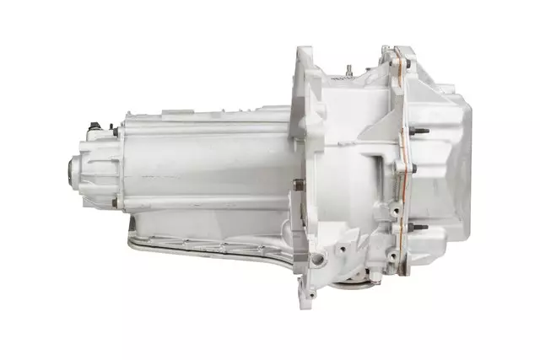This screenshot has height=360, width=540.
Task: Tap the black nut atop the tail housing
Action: click(95, 126)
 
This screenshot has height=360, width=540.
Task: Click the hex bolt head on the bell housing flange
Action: click(297, 184)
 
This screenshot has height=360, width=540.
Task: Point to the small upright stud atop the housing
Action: click(346, 65)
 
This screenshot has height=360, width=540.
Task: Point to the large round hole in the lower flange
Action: click(318, 257)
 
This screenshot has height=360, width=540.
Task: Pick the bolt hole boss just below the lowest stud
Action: click(397, 250)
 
